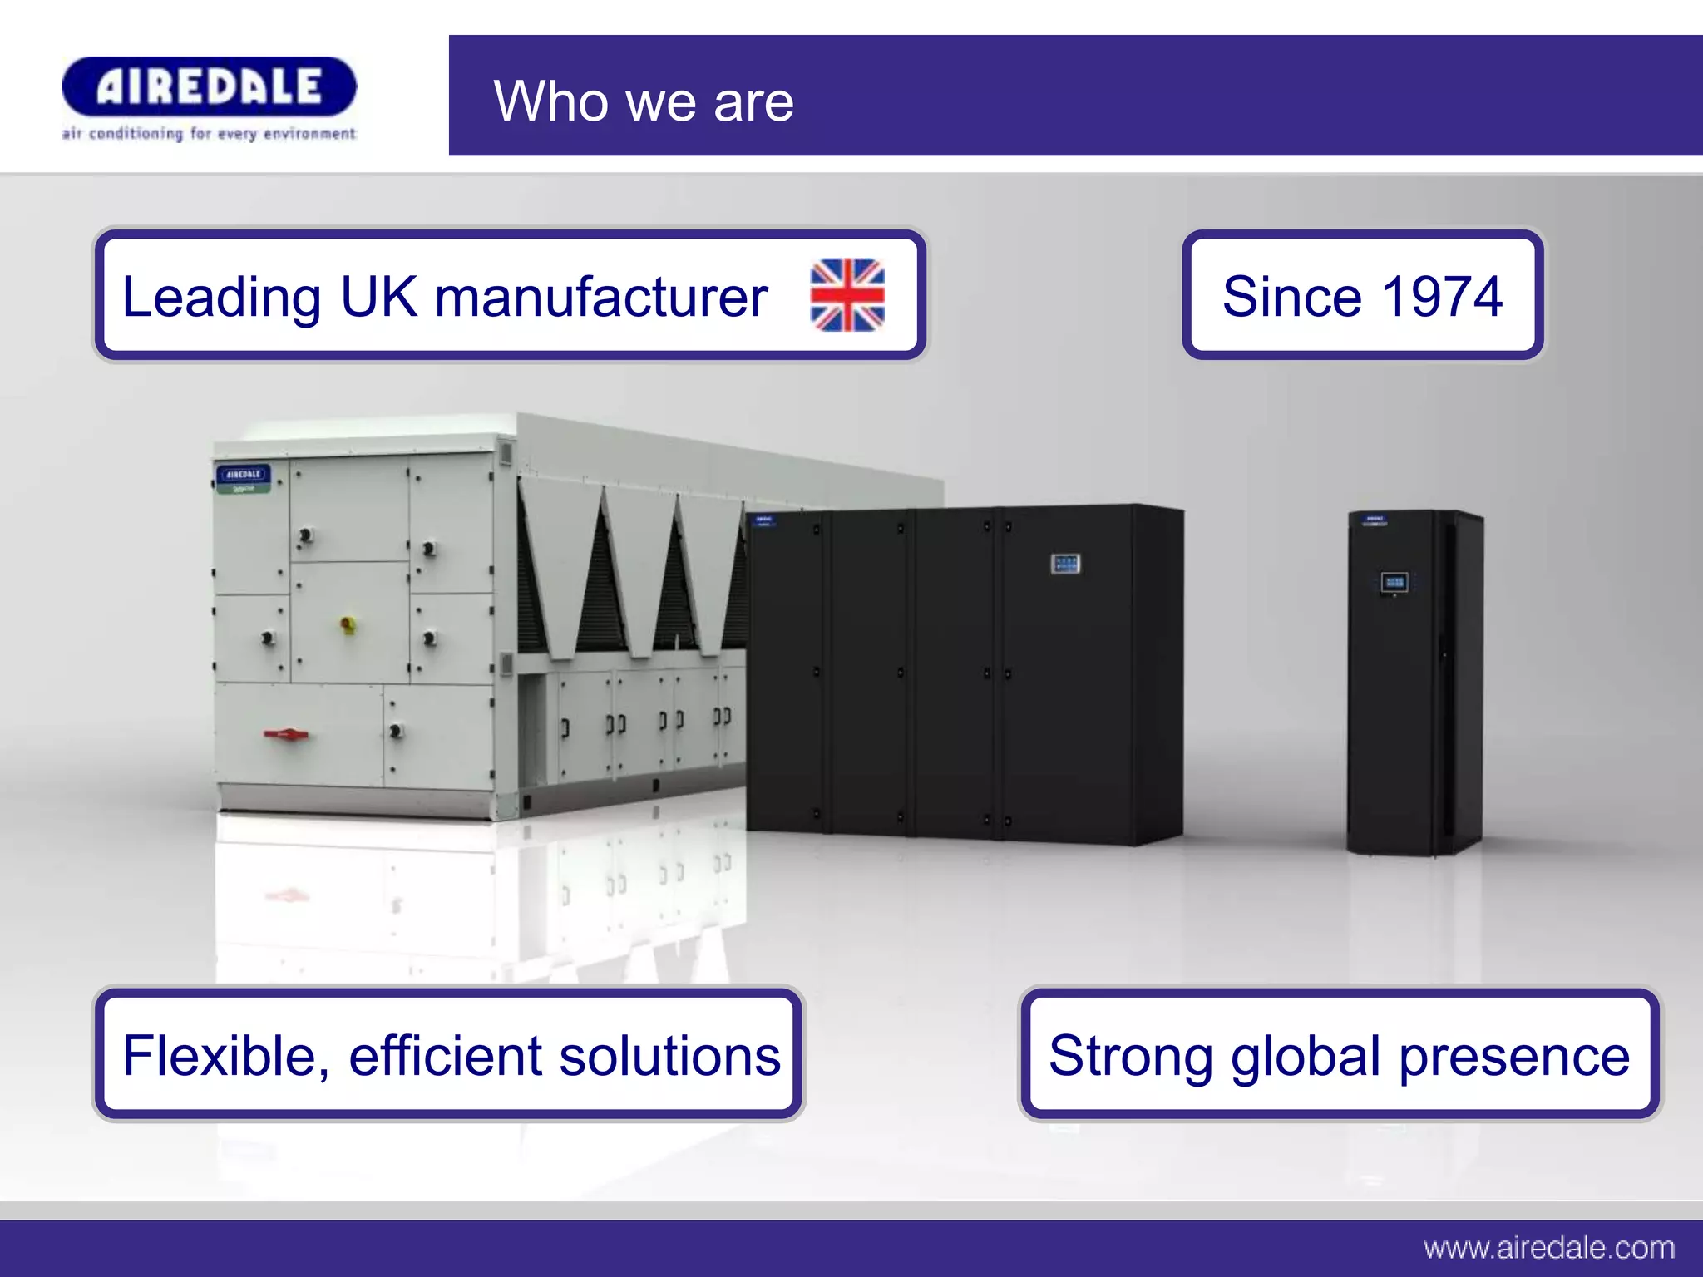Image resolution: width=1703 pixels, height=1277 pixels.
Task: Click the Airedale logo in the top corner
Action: click(x=209, y=86)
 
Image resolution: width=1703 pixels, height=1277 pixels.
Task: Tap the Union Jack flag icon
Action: click(x=847, y=295)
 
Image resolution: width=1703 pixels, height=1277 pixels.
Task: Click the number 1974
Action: click(x=1442, y=296)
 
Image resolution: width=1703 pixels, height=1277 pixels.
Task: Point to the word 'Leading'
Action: click(x=221, y=298)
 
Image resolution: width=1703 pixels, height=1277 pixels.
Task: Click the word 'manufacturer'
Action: click(x=600, y=297)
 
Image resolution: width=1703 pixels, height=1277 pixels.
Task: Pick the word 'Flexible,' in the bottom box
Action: click(x=225, y=1057)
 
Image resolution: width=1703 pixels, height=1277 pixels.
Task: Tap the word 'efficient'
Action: click(x=446, y=1055)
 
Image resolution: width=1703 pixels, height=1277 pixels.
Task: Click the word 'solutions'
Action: click(x=669, y=1055)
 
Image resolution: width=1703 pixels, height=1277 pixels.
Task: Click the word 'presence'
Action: click(x=1513, y=1057)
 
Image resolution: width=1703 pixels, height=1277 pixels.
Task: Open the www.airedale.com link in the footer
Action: click(x=1548, y=1247)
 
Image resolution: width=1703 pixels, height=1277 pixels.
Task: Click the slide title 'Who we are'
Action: click(x=644, y=101)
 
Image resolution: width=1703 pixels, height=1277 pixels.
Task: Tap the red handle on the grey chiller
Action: click(x=286, y=734)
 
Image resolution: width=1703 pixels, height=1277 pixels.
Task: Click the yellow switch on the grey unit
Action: click(x=348, y=623)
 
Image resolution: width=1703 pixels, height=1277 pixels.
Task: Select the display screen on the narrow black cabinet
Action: click(x=1394, y=582)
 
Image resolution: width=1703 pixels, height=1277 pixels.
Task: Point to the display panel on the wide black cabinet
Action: click(x=1065, y=565)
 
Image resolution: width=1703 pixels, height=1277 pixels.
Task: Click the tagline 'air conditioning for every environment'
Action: click(x=209, y=134)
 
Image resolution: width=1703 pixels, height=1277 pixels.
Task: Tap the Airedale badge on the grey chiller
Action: click(x=243, y=475)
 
